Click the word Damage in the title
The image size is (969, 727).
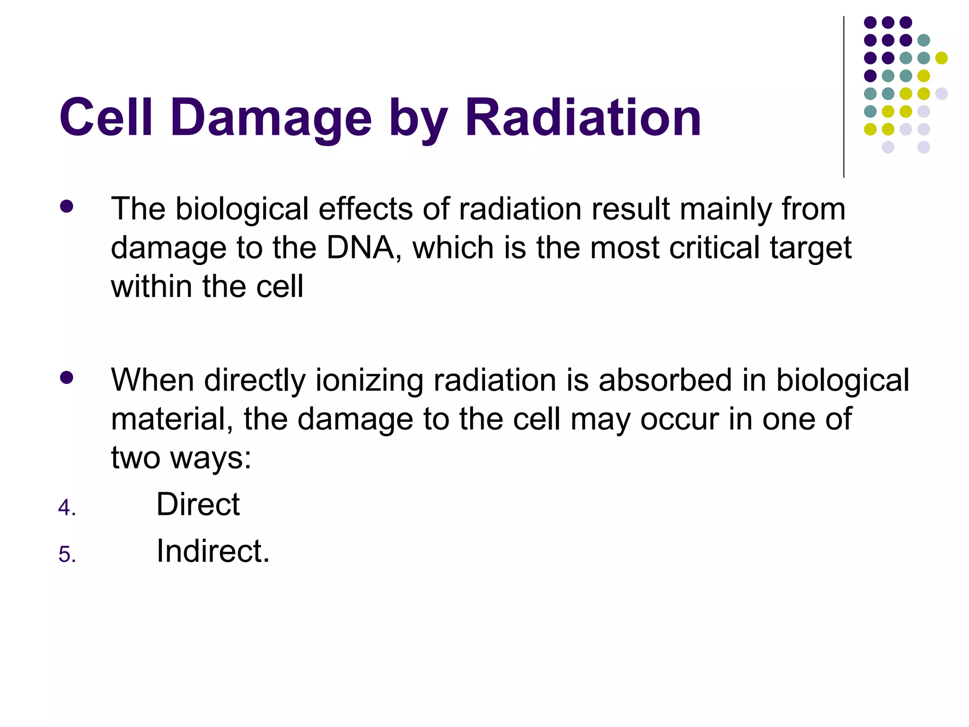pos(271,117)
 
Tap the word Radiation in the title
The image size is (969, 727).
pos(583,117)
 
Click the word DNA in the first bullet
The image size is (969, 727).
pos(361,248)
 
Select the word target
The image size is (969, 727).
pos(810,248)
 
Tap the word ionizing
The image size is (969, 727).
pos(369,381)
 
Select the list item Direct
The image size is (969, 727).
pos(198,504)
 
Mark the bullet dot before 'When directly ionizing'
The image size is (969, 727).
pos(67,377)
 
